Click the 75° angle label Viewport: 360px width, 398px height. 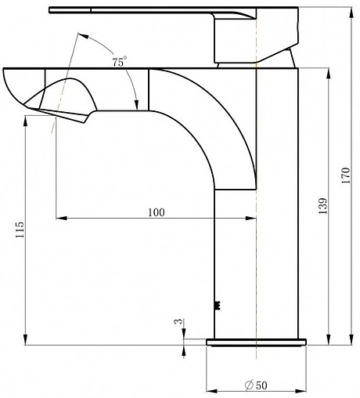tap(120, 62)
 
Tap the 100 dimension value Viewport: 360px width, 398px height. tap(157, 212)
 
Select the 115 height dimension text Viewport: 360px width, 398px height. tap(20, 230)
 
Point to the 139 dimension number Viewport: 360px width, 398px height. tap(322, 206)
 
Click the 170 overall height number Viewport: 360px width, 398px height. tap(346, 175)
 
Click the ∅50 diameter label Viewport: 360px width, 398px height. tap(256, 385)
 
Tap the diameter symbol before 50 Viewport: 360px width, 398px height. tap(250, 385)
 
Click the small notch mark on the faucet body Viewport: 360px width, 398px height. tap(217, 305)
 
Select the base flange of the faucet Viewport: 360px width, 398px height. tap(256, 342)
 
